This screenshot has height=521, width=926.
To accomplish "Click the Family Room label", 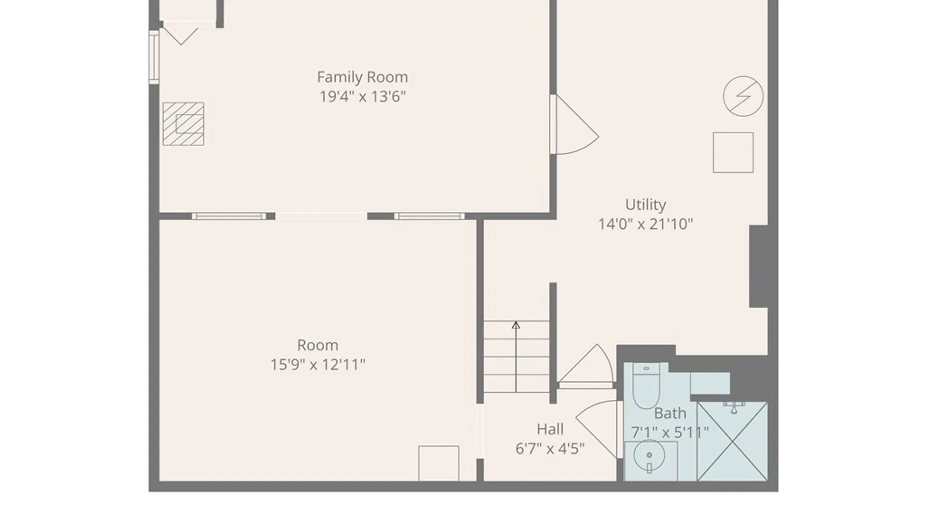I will click(362, 77).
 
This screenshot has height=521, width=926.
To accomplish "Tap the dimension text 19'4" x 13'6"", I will click(362, 96).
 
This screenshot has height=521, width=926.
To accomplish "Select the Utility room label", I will click(645, 205).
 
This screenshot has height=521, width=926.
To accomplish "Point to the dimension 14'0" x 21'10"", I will click(645, 224).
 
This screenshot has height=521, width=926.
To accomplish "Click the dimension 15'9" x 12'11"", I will click(317, 365).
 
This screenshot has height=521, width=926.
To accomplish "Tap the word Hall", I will click(550, 429).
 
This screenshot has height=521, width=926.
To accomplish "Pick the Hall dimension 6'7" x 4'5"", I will click(550, 449).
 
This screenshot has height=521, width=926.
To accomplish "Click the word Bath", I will click(670, 413).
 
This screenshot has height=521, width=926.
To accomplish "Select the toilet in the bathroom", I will click(646, 386).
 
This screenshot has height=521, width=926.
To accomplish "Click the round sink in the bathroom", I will click(649, 456).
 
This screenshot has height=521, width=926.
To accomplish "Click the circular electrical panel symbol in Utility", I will click(743, 96).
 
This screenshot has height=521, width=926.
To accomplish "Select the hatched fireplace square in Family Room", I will click(183, 124).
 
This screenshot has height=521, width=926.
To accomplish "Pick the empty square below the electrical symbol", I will click(733, 152).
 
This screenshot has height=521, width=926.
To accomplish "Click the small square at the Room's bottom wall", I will click(438, 464).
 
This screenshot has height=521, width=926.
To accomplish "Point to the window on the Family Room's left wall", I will click(154, 57).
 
